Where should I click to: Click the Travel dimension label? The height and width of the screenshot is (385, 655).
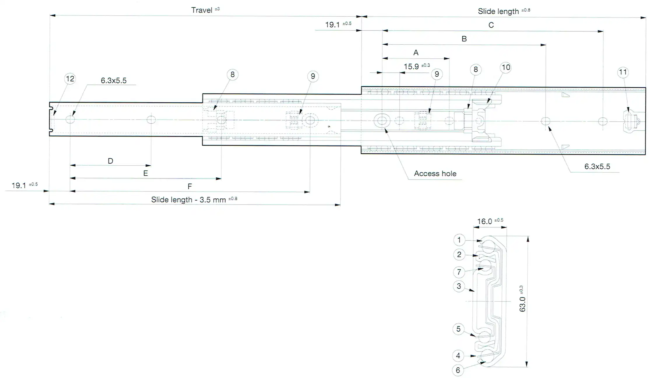[x=202, y=10]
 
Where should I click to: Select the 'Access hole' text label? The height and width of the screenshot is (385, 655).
[x=435, y=174]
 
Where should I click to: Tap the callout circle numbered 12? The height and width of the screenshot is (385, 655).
[x=70, y=79]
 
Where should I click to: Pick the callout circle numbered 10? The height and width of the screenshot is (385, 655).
[x=505, y=68]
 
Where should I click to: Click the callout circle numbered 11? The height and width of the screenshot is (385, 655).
[x=623, y=72]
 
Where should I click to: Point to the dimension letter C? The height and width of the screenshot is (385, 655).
[x=491, y=25]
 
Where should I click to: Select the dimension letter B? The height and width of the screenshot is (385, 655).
[x=464, y=39]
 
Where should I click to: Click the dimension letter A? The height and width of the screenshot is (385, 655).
[x=416, y=53]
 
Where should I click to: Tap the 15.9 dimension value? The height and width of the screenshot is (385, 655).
[x=411, y=66]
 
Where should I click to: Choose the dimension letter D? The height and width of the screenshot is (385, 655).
[x=110, y=161]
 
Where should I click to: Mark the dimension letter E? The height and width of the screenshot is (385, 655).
[x=145, y=174]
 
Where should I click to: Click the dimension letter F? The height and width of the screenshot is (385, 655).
[x=189, y=186]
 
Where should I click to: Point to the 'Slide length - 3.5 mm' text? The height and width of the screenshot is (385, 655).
[x=188, y=200]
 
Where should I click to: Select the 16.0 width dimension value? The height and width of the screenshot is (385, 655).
[x=484, y=222]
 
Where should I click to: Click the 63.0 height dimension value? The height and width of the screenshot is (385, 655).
[x=522, y=304]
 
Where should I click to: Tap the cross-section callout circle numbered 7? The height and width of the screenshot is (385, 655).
[x=459, y=272]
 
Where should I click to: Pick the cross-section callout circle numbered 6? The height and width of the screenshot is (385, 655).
[x=458, y=370]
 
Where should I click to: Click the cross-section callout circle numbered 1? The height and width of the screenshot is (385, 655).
[x=459, y=240]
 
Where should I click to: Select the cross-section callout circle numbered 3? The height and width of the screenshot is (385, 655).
[x=459, y=286]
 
